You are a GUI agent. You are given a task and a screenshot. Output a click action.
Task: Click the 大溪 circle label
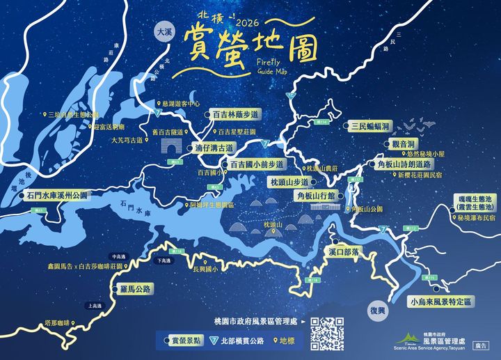click(x=164, y=33)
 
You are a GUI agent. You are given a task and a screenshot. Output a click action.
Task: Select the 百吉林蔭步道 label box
click(x=236, y=114)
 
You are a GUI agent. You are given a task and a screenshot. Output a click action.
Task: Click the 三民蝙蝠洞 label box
click(x=369, y=126)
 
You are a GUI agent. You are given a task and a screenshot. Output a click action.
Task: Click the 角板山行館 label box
click(x=320, y=196)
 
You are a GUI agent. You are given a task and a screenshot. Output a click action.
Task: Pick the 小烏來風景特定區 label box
click(x=440, y=302)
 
